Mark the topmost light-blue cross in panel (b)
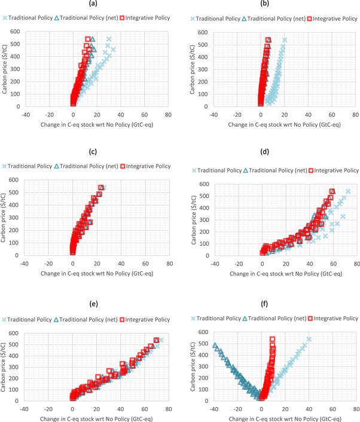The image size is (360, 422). click(285, 40)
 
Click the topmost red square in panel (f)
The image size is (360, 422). click(273, 340)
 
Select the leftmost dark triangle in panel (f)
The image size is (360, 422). click(215, 345)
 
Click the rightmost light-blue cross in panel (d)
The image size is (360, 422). click(348, 191)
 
